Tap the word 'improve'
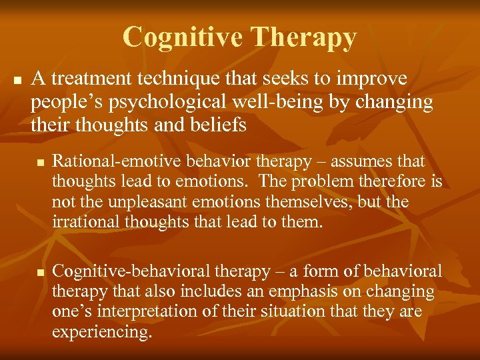coord(374,79)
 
